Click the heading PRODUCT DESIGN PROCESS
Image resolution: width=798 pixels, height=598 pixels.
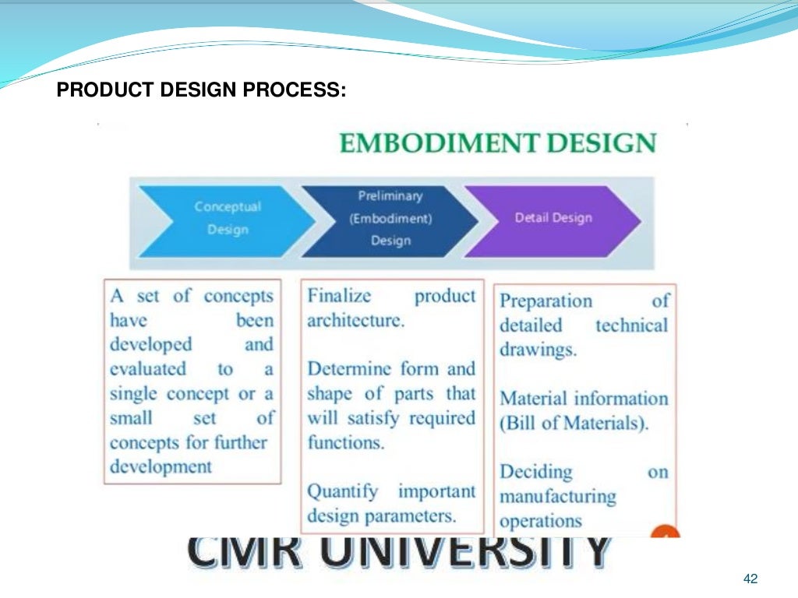point(201,90)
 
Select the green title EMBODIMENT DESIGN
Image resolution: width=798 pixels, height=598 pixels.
point(498,143)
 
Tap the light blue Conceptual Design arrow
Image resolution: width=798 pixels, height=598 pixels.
point(226,218)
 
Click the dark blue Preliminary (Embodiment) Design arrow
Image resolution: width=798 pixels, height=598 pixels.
point(390,218)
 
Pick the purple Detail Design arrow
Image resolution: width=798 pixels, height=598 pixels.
point(553,218)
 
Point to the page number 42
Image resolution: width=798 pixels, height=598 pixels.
point(750,579)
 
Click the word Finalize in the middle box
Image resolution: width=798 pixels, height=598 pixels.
point(340,297)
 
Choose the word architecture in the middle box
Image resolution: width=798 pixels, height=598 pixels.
point(355,321)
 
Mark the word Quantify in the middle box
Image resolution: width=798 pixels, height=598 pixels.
point(343,491)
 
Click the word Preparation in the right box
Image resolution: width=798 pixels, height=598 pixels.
point(546,301)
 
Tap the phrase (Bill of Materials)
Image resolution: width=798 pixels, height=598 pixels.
point(574,424)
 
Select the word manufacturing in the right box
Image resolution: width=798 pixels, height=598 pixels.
point(557,496)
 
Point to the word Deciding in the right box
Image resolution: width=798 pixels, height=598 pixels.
point(536,472)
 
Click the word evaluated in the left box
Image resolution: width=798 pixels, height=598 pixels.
point(148,369)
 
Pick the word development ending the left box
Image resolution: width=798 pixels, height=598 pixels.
point(161,467)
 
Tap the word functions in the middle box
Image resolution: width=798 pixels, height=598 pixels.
point(345,442)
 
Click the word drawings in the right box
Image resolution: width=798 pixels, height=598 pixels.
point(538,350)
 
